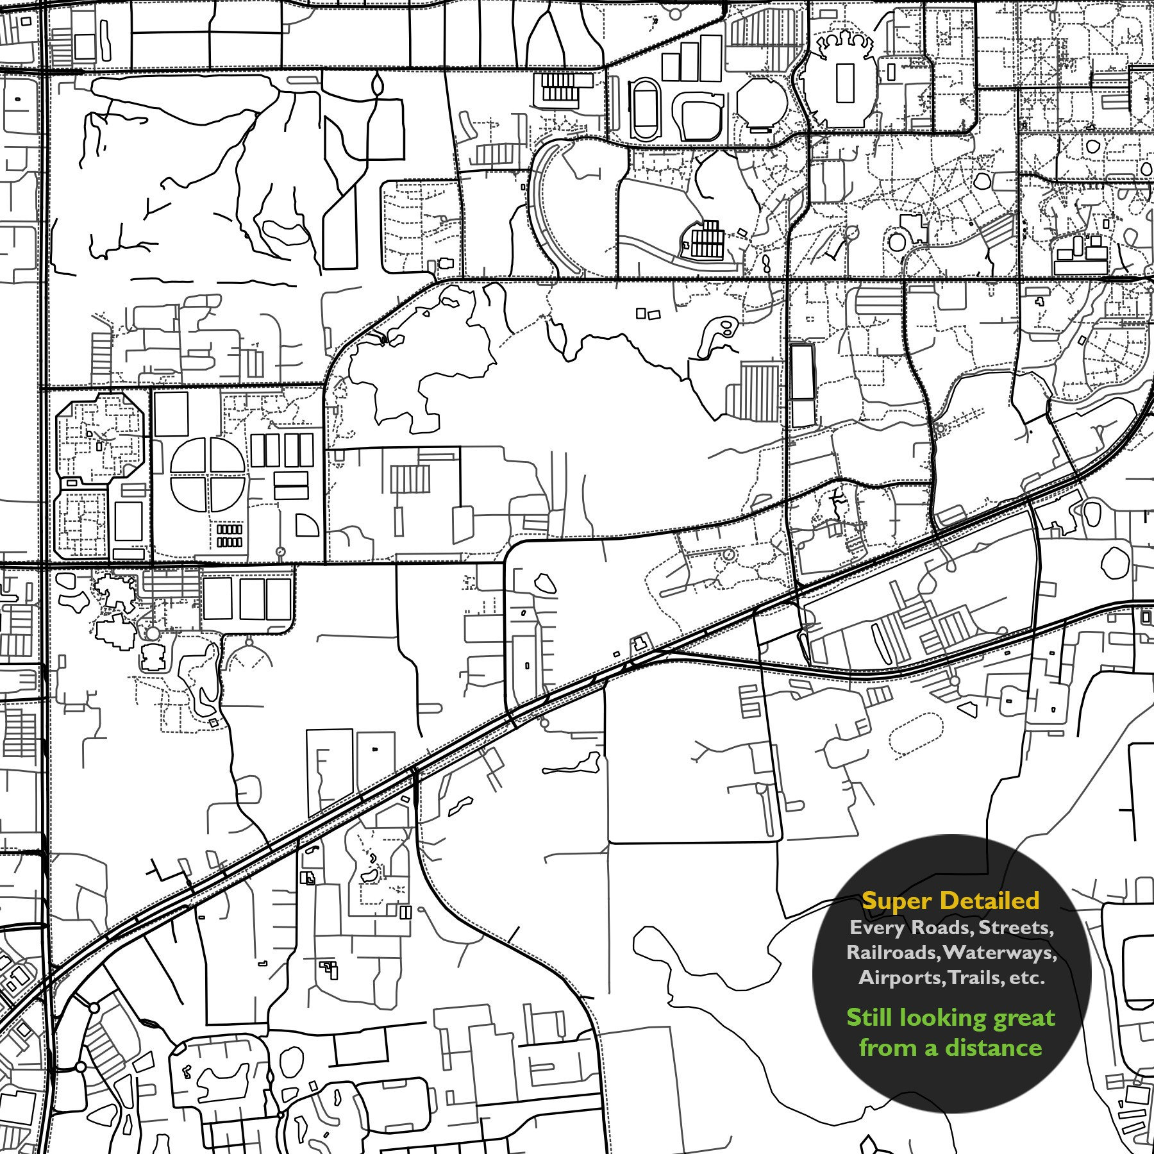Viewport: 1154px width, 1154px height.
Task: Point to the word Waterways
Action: (998, 952)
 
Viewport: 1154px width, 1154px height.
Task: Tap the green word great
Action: (1021, 1018)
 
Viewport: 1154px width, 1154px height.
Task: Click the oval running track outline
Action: (644, 108)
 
